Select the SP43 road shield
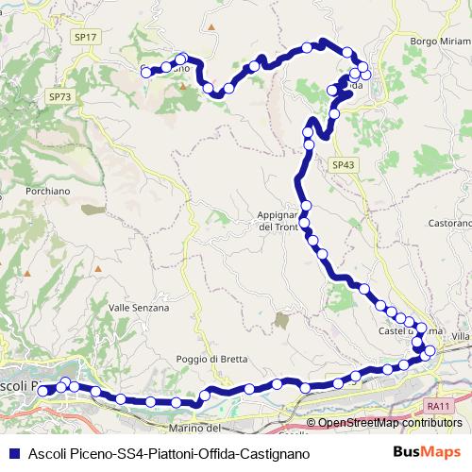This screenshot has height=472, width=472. (x=345, y=164)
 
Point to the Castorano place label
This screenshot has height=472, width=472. (x=448, y=224)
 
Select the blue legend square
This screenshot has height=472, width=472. (x=13, y=453)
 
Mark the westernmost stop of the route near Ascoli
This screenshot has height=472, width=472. (x=42, y=391)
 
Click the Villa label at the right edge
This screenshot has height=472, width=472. (x=461, y=337)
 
